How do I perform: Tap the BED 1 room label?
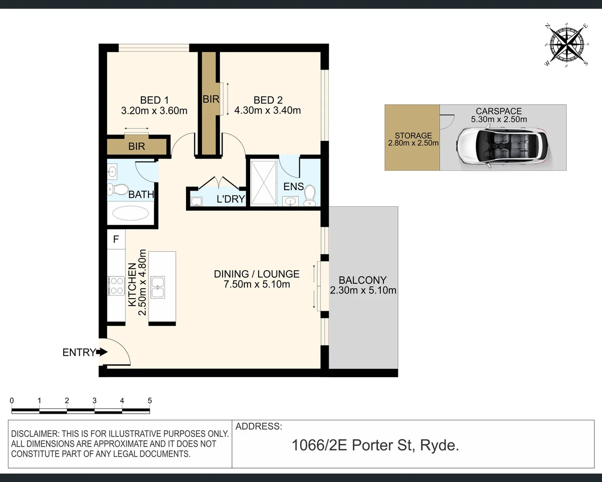point(154,100)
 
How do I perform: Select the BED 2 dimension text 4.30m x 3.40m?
point(268,110)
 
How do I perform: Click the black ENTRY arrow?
point(102,352)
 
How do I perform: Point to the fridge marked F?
point(116,240)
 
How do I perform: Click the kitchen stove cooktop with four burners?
point(116,286)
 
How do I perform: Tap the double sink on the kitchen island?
point(158,287)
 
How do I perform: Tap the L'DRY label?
point(231,199)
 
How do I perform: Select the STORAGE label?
point(413,135)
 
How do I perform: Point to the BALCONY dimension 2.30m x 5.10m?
point(363,291)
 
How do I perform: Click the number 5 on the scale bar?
point(150,401)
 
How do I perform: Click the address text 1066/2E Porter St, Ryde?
point(375,445)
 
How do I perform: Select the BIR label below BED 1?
point(136,146)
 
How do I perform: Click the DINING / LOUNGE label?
point(256,274)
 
